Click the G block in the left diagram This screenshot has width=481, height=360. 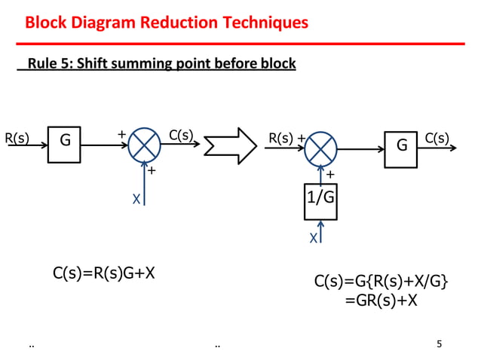pos(64,144)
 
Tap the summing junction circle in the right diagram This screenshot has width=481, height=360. pos(321,147)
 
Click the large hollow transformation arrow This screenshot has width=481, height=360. pos(231,145)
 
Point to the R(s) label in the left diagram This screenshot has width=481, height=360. pos(17,138)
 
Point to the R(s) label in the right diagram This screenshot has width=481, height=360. pos(281,139)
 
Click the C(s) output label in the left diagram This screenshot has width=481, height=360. pos(182,136)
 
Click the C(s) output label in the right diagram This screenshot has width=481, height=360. pos(437,138)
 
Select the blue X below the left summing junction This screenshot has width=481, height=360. pos(136,199)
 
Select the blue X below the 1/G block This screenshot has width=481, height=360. pos(313,237)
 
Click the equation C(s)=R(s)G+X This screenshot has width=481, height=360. pos(104,273)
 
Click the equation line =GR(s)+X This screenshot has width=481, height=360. pos(381,301)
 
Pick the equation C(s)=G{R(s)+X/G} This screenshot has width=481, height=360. pos(381,282)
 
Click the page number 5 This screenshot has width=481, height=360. pos(440,345)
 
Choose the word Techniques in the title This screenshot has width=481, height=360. pos(270,23)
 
